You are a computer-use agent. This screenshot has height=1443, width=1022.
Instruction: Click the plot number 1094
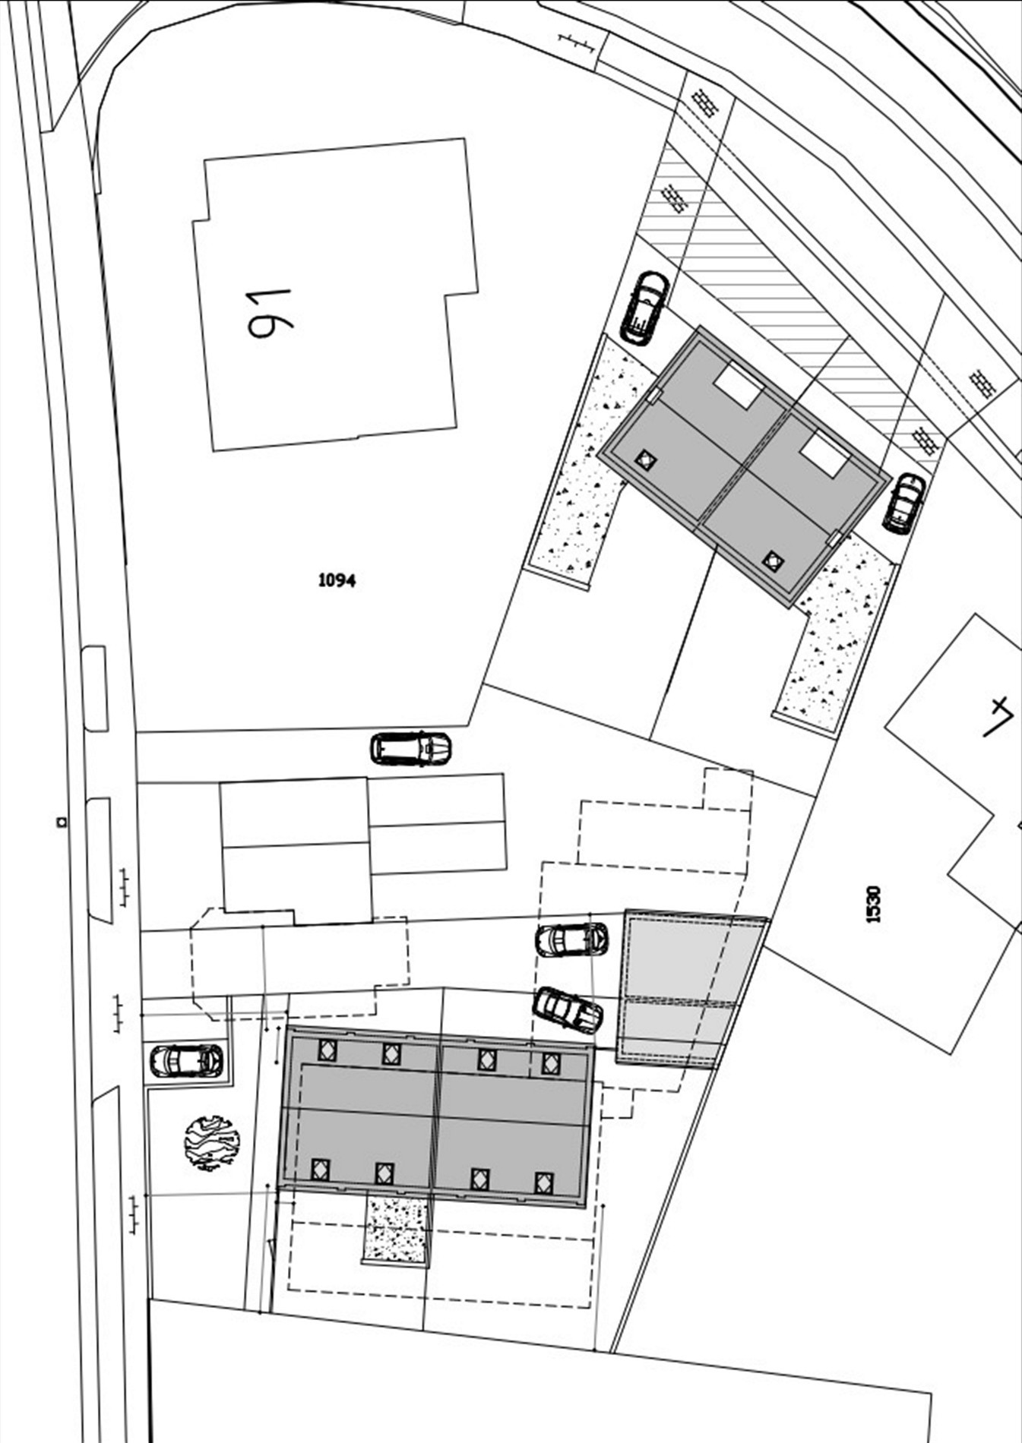(337, 580)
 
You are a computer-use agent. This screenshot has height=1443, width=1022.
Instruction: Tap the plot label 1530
(874, 904)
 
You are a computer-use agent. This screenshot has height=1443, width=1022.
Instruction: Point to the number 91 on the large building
(270, 313)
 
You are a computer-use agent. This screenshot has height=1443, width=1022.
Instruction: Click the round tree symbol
(212, 1142)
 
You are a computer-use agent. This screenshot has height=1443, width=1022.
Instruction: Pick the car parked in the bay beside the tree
(187, 1061)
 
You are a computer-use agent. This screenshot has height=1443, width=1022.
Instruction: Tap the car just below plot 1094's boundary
(410, 749)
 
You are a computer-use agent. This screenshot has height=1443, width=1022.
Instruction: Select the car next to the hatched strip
(645, 308)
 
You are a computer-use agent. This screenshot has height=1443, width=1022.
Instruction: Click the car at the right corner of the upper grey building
(904, 503)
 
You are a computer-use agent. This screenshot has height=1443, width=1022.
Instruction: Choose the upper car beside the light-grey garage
(571, 939)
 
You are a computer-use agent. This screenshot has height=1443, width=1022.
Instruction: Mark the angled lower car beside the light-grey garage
(568, 1010)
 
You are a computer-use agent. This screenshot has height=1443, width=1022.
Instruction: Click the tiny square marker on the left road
(60, 821)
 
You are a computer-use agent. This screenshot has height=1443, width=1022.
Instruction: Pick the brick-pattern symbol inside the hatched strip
(675, 198)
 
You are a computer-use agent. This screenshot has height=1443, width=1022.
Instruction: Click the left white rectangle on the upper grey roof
(739, 386)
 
